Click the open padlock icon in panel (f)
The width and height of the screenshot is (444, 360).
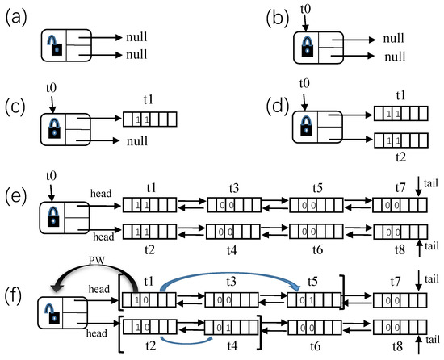click(x=56, y=312)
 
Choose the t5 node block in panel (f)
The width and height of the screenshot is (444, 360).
click(x=314, y=301)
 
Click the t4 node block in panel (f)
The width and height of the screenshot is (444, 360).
click(x=231, y=329)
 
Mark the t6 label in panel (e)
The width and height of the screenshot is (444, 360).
click(x=317, y=250)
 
